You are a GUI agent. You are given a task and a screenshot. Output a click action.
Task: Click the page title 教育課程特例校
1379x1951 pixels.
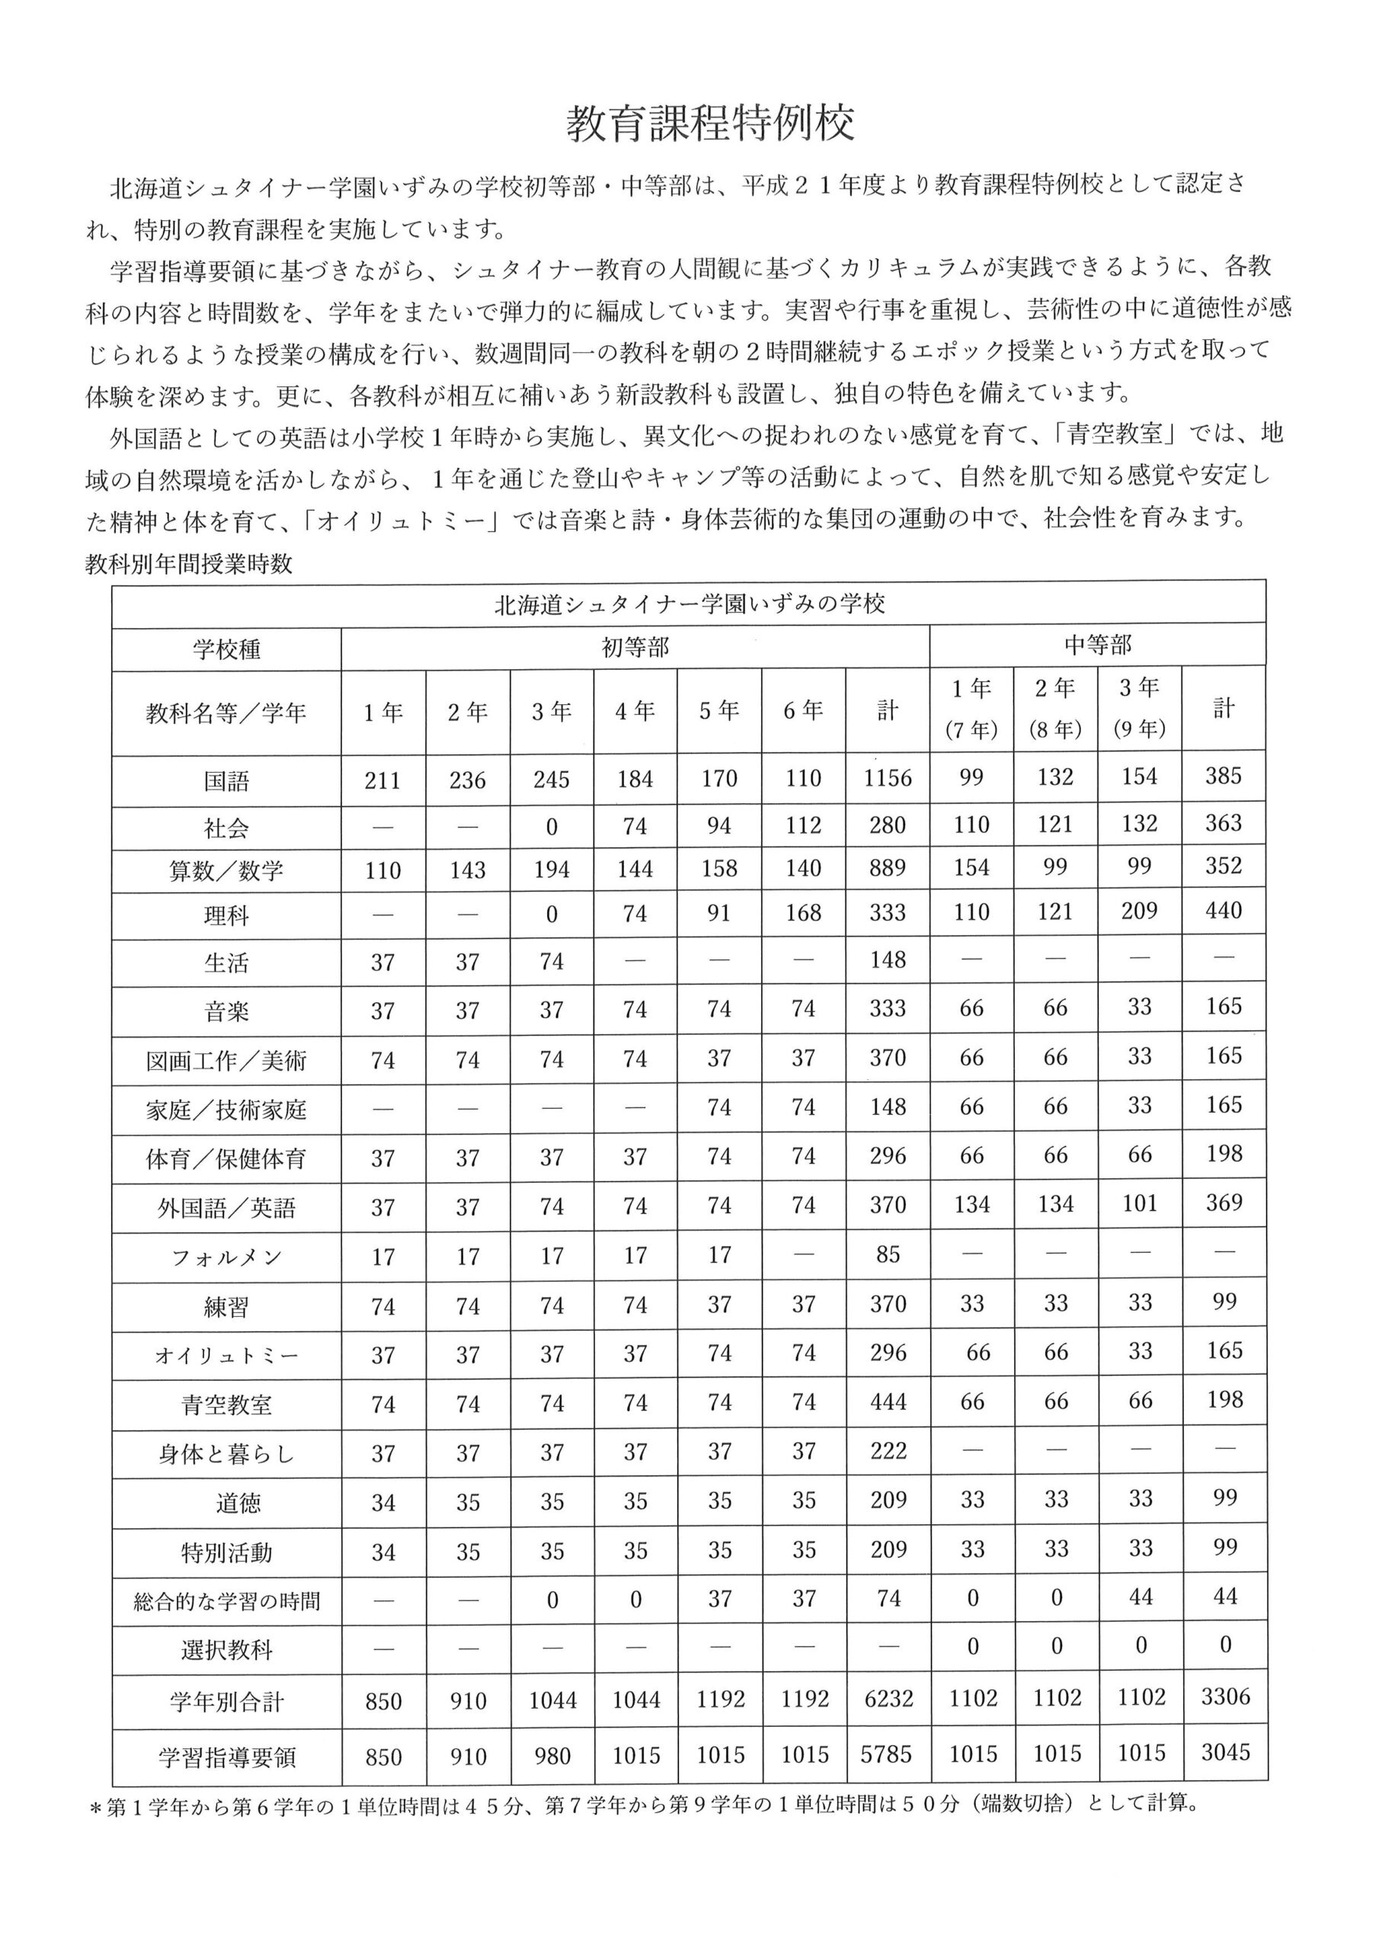coord(709,124)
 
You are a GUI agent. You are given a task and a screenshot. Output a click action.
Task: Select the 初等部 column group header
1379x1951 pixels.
coord(635,649)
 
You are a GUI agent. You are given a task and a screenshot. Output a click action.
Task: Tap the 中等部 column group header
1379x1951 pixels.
coord(1097,646)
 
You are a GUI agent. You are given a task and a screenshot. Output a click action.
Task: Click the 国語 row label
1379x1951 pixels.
coord(226,781)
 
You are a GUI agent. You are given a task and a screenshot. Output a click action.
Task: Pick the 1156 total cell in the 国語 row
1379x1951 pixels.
coord(887,778)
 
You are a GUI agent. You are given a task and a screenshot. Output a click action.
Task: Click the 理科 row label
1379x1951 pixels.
coord(226,915)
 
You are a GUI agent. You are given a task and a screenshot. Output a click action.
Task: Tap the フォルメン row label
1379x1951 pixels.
coord(226,1257)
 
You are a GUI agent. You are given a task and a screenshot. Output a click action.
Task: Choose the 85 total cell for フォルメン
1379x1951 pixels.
coord(888,1255)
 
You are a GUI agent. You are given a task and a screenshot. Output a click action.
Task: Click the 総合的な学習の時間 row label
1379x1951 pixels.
coord(226,1602)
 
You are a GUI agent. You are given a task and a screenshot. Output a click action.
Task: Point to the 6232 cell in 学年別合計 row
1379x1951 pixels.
coord(888,1700)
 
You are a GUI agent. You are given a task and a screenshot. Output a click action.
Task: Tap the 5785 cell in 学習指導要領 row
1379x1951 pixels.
coord(886,1754)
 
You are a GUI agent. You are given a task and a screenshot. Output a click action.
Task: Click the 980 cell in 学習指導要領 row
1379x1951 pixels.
coord(552,1757)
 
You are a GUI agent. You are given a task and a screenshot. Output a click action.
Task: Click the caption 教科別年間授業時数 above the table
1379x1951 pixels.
coord(189,564)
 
